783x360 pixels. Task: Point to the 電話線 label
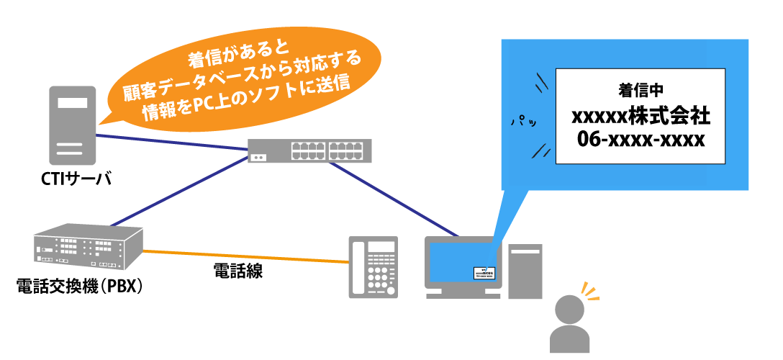click(x=237, y=271)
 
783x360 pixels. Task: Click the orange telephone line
click(x=245, y=256)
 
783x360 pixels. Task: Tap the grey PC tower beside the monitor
click(x=525, y=270)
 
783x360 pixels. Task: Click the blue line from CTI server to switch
click(x=173, y=143)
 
